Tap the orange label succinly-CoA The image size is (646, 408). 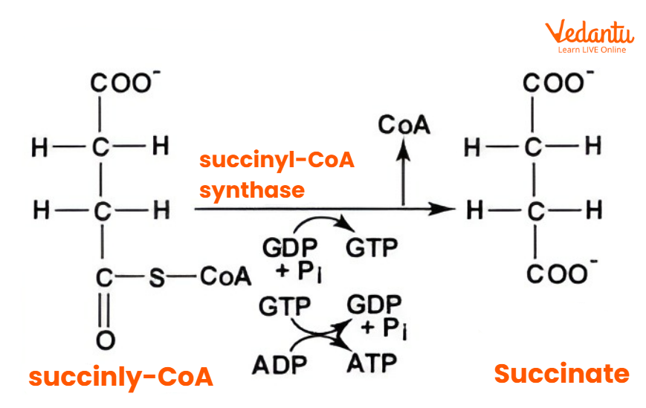pos(121,377)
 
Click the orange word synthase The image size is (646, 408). pos(251,190)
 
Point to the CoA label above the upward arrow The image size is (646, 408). pos(404,125)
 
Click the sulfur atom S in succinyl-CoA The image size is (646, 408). pos(155,277)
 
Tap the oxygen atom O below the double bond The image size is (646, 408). pos(105,340)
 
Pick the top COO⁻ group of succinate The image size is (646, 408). pos(558,83)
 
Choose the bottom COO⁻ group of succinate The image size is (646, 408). pos(558,274)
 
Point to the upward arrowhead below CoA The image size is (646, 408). pos(403,146)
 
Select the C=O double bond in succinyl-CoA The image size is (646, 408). pos(105,308)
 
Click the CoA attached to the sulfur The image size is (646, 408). pos(225,277)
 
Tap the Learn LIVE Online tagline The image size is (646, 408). pos(592,50)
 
